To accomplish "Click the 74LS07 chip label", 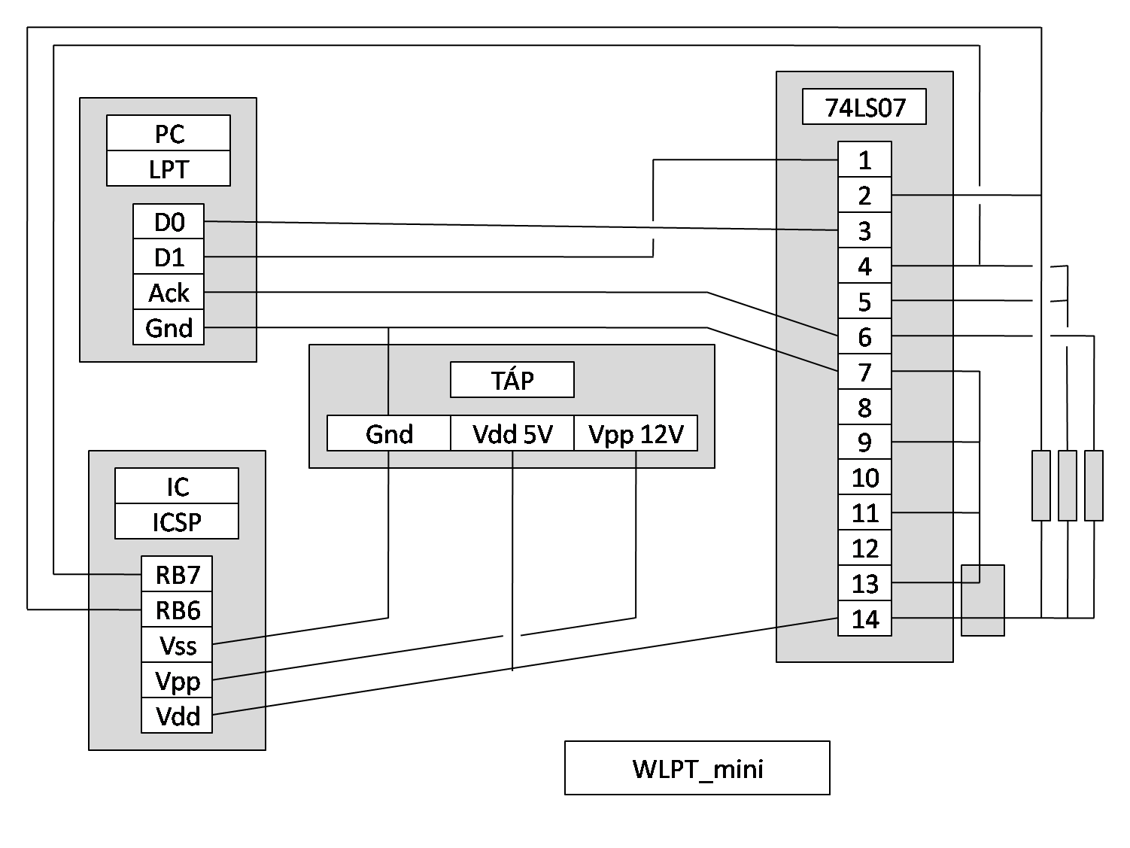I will click(x=864, y=107).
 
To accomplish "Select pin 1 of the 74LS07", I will click(x=864, y=160).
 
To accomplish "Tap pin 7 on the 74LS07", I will click(x=864, y=372).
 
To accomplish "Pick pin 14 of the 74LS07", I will click(x=864, y=619).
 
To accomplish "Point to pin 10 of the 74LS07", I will click(x=864, y=478).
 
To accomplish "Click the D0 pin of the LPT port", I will click(x=169, y=222).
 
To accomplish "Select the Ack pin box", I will click(x=169, y=293).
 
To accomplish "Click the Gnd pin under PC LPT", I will click(x=169, y=328).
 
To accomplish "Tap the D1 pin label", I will click(x=169, y=257).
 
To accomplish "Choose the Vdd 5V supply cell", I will click(x=512, y=433).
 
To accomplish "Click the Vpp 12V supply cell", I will click(x=636, y=433).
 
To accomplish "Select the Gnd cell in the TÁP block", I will click(x=389, y=433).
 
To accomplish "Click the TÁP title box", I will click(x=512, y=380).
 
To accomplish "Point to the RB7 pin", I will click(x=177, y=574).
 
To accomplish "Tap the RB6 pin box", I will click(x=177, y=609).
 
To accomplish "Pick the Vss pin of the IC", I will click(x=177, y=645).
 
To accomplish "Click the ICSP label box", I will click(x=177, y=521).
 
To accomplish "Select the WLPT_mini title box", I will click(x=697, y=768).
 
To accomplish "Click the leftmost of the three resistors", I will click(x=1041, y=485).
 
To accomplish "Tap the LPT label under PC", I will click(x=169, y=169).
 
